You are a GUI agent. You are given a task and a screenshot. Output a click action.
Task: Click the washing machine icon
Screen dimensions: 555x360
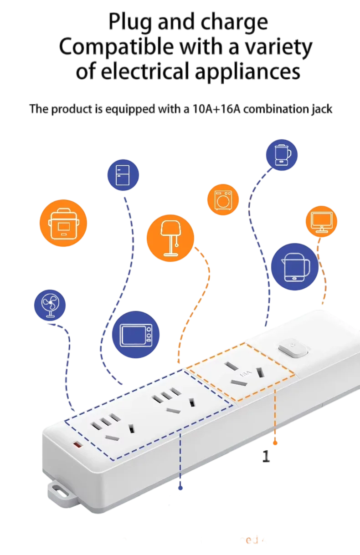pos(224,199)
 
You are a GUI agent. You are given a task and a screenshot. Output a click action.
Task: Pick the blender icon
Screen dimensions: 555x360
pos(281,154)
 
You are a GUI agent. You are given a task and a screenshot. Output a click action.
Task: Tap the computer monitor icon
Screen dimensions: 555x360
pos(321,221)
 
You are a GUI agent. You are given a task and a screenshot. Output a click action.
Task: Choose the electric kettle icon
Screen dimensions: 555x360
pos(294,267)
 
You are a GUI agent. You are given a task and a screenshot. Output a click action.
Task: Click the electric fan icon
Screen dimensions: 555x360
pos(50,306)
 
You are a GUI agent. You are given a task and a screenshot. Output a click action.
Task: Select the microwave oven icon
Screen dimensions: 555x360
pos(136,335)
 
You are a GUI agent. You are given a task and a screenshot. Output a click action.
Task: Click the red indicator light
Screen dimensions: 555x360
pos(77,444)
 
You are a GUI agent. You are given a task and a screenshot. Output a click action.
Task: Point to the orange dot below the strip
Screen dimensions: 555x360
pos(275,443)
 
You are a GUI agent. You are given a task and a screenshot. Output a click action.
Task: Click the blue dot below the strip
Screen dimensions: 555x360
pos(181,488)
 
